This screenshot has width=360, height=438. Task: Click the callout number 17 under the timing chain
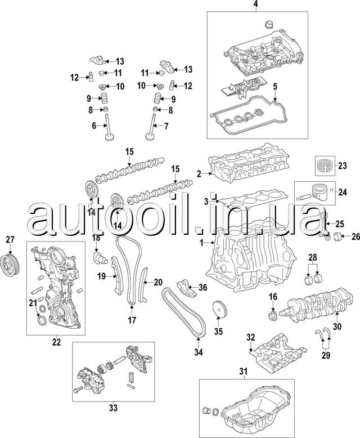tap(132, 321)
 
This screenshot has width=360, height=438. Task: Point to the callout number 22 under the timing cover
tap(56, 341)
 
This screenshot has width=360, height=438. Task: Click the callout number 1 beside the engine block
tap(202, 243)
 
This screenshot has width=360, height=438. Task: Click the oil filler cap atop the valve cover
tap(268, 25)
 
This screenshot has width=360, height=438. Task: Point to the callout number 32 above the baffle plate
tap(251, 337)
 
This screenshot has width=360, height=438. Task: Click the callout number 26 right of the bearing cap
tap(355, 236)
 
